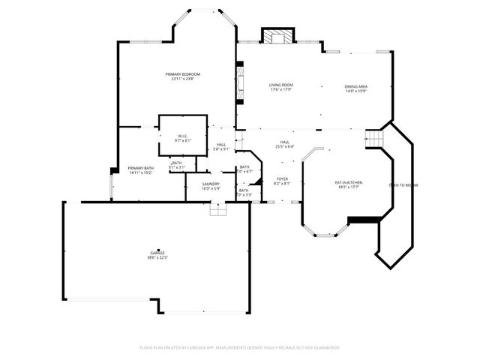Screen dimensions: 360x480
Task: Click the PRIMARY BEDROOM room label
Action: tap(183, 74)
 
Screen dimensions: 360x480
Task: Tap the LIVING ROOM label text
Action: tap(280, 85)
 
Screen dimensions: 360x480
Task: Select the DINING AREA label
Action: tap(355, 86)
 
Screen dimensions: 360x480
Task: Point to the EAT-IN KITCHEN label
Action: tap(348, 182)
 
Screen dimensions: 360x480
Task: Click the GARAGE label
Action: tap(157, 253)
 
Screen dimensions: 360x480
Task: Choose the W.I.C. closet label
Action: tap(183, 136)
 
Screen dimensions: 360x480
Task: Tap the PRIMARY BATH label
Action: tap(141, 168)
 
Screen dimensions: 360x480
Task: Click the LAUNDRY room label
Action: tap(211, 184)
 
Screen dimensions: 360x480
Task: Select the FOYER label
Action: tap(282, 178)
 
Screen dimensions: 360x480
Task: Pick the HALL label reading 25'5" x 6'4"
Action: tap(284, 142)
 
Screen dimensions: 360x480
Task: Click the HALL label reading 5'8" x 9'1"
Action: tap(221, 144)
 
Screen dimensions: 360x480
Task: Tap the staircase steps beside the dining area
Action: tap(373, 139)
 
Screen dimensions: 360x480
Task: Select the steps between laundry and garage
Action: tap(217, 211)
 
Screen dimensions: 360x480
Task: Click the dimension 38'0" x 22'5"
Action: tap(157, 258)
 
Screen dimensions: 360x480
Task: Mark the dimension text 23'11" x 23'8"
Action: tap(183, 79)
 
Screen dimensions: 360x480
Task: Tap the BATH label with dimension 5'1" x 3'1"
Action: tap(177, 163)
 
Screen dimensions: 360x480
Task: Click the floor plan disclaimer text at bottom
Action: tap(240, 348)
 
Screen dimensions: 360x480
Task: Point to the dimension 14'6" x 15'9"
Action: tap(355, 91)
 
